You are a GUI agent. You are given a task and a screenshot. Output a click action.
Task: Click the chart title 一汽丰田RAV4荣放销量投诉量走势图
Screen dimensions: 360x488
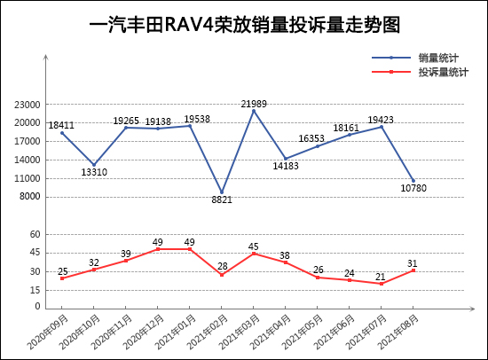245,25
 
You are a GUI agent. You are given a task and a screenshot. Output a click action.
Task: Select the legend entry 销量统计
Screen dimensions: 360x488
438,58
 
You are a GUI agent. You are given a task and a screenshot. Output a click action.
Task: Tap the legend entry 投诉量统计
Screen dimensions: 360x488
444,72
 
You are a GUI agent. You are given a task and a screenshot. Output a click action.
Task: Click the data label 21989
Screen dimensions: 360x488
255,104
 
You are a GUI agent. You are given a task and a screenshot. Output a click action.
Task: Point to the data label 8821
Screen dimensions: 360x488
222,200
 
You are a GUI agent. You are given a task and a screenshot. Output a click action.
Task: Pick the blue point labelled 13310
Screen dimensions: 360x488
94,165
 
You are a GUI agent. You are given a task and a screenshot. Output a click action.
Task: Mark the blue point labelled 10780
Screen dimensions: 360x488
413,181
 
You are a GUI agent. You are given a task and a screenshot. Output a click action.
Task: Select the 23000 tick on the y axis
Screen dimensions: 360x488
29,104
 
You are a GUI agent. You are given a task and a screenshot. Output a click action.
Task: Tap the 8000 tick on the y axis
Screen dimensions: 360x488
32,197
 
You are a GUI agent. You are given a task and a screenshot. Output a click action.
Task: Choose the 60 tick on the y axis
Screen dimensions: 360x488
35,234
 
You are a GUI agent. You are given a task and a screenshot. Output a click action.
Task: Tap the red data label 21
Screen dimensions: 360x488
381,277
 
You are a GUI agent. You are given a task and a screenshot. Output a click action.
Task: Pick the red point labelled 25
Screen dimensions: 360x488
62,278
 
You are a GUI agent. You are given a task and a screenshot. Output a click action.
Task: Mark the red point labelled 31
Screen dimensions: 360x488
413,270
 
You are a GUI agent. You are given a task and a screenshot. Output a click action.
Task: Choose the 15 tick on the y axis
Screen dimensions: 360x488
35,289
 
